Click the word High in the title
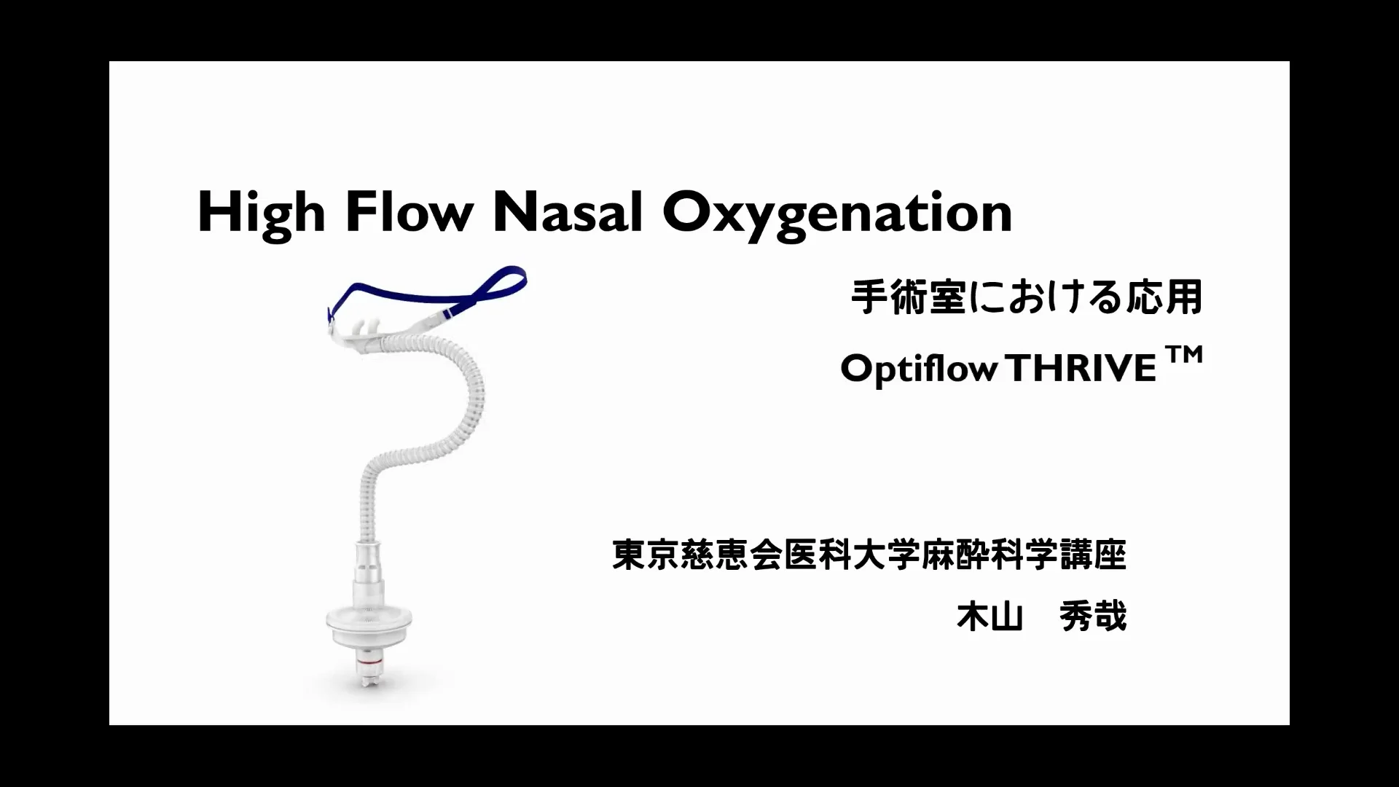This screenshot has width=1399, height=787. click(x=261, y=213)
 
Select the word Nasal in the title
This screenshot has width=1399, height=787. click(x=568, y=213)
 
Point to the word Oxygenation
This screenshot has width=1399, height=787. click(x=837, y=213)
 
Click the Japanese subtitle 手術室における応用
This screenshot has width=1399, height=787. click(x=1027, y=297)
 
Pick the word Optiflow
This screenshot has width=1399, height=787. click(x=918, y=369)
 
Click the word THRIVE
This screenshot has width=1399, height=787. click(x=1083, y=369)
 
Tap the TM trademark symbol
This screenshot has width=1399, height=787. click(x=1184, y=356)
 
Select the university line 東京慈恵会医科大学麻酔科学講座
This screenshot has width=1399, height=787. click(x=869, y=555)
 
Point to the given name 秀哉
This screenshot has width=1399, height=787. click(x=1093, y=616)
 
